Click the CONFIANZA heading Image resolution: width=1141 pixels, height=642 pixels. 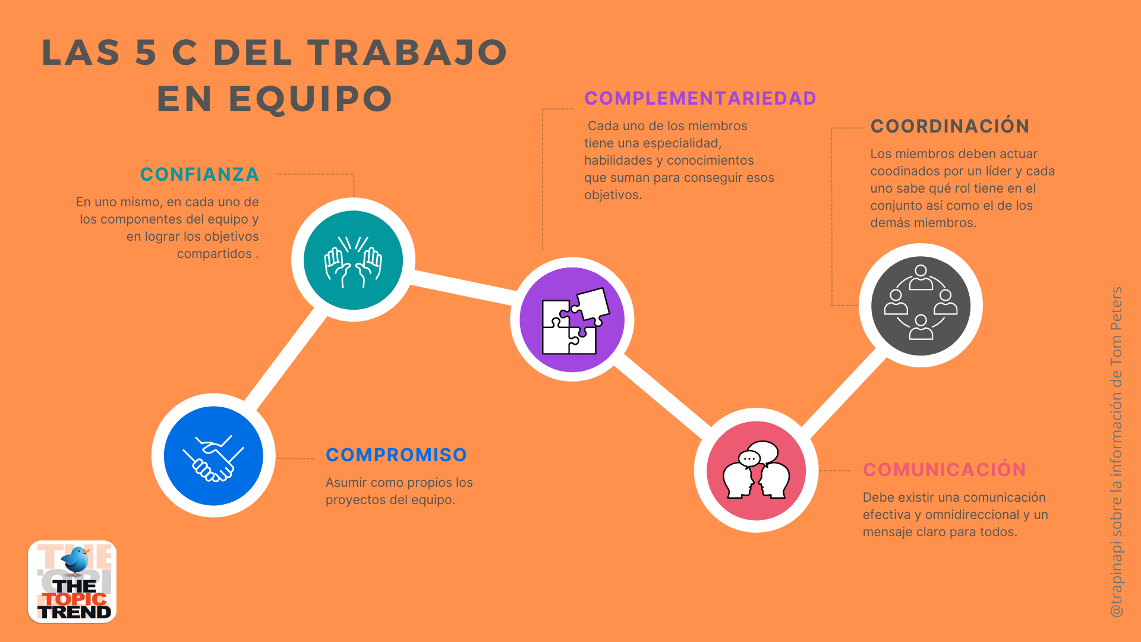[200, 174]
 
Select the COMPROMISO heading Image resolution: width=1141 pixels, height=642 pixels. [396, 455]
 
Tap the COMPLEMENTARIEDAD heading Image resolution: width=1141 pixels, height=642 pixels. [700, 98]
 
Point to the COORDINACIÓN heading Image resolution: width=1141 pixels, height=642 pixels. [950, 126]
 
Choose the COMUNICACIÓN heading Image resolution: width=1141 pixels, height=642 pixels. [944, 470]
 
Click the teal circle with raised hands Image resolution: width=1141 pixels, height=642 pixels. [353, 260]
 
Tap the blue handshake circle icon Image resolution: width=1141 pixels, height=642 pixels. [213, 456]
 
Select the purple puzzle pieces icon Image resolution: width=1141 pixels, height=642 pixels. [572, 320]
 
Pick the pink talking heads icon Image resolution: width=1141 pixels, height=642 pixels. [756, 470]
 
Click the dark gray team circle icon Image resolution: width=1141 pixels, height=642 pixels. [921, 306]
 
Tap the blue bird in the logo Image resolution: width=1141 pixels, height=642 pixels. [77, 560]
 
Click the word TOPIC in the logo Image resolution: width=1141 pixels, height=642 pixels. [75, 599]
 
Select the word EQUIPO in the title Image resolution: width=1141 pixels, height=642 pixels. [311, 99]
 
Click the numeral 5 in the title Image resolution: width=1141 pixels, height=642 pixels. [146, 52]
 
